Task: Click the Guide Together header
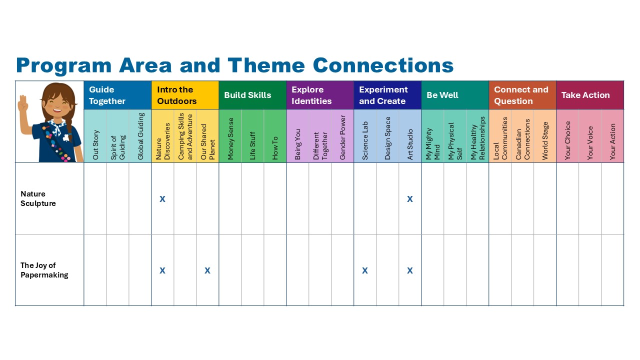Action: coord(107,95)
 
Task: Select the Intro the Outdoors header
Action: coord(176,95)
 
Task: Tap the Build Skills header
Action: coord(247,95)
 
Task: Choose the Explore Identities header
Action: coord(311,95)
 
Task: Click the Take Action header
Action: coord(585,95)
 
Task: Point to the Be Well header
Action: coord(442,95)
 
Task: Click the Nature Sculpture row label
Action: coord(38,198)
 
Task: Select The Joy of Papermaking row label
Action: coord(44,270)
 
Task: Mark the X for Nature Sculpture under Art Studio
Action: coord(409,199)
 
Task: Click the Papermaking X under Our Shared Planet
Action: coord(207,270)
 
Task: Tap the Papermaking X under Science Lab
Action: coord(365,270)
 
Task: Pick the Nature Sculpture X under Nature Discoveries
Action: coord(162,199)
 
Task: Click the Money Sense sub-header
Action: coord(230,138)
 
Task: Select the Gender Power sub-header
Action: coord(342,137)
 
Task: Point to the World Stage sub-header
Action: coord(545,141)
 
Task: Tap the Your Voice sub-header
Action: coord(590,143)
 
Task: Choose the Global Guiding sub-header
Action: coord(140,136)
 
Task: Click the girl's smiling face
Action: coord(57,104)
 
